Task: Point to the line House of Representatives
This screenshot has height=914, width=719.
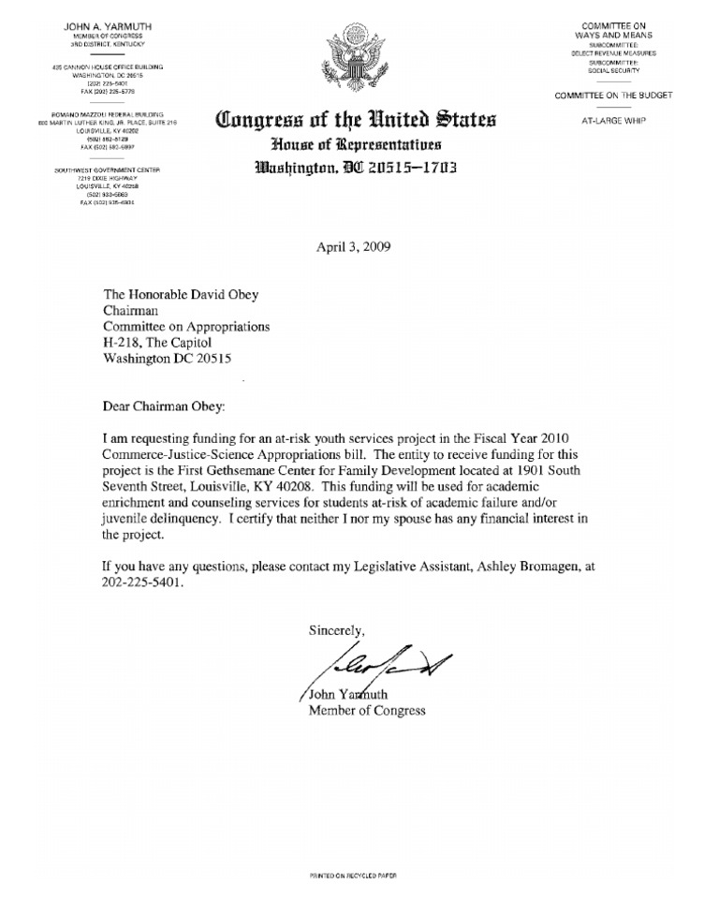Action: point(357,146)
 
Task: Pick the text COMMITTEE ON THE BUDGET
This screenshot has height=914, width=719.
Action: point(613,96)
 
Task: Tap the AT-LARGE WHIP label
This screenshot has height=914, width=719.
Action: point(614,120)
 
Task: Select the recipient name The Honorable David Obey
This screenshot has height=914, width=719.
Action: point(181,295)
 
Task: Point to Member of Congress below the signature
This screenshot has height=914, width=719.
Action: point(367,711)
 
